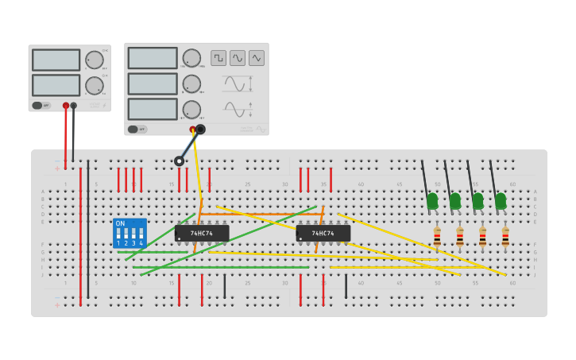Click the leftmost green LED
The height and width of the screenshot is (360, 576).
tap(432, 201)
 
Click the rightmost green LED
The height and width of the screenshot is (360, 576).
tap(501, 201)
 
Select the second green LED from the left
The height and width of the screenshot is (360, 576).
tap(455, 201)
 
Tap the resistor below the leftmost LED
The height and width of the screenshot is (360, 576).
tap(437, 236)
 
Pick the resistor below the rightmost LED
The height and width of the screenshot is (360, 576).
tap(505, 236)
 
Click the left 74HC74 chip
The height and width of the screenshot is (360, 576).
tap(202, 233)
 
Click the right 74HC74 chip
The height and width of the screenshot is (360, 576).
tap(323, 233)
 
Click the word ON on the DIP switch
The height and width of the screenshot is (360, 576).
tap(121, 223)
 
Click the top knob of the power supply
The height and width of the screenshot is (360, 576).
tap(95, 60)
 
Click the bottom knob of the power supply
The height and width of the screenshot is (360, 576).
tap(95, 85)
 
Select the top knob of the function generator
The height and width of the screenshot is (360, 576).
tap(191, 58)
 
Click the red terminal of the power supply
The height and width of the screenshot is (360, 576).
tap(66, 105)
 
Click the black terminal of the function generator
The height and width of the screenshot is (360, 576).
tap(200, 130)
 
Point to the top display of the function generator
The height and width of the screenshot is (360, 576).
tap(152, 58)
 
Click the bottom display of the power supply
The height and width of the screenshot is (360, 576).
tap(56, 85)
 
